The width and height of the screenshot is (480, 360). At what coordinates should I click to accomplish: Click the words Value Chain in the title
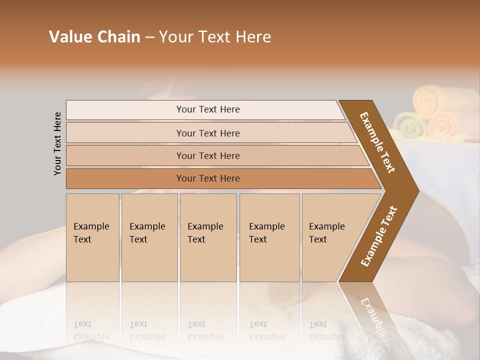click(94, 37)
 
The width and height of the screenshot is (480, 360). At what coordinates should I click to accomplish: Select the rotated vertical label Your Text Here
click(57, 143)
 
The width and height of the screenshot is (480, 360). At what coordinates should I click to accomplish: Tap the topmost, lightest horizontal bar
click(207, 109)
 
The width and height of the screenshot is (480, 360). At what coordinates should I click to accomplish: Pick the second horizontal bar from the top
click(207, 133)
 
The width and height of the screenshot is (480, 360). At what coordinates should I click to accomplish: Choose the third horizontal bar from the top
click(207, 155)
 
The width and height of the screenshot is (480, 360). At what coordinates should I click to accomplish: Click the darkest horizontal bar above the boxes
click(207, 178)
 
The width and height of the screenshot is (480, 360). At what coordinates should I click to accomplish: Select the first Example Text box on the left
click(92, 237)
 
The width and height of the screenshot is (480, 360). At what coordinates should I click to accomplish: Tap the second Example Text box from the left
click(149, 237)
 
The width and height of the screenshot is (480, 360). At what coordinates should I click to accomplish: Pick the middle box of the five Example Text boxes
click(208, 237)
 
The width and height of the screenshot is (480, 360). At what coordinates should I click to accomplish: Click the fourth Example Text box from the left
click(269, 237)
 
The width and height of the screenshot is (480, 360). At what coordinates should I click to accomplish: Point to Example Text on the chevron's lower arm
click(379, 236)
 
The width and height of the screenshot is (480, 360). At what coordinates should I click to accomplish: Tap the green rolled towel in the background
click(407, 125)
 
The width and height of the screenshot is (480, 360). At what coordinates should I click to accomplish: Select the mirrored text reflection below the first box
click(90, 331)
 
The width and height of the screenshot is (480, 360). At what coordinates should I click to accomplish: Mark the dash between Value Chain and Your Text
click(149, 37)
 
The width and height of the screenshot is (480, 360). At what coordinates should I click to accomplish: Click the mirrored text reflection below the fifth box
click(326, 331)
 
